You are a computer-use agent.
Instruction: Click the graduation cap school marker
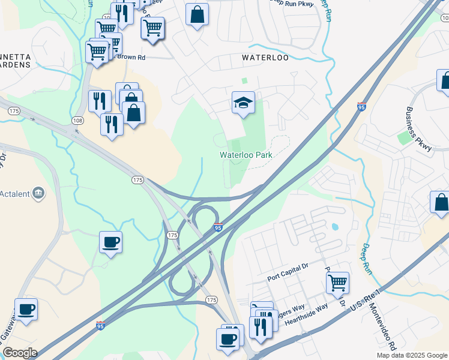pyautogui.click(x=244, y=103)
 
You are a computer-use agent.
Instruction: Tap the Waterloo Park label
pyautogui.click(x=246, y=155)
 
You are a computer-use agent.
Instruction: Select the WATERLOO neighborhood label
pyautogui.click(x=265, y=58)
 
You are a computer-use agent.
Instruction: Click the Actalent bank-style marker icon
pyautogui.click(x=38, y=193)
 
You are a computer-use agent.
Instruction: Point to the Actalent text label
pyautogui.click(x=16, y=193)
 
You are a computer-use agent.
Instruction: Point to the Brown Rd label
pyautogui.click(x=133, y=58)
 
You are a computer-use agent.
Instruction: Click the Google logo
pyautogui.click(x=19, y=353)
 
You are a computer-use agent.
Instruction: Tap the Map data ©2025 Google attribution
pyautogui.click(x=412, y=355)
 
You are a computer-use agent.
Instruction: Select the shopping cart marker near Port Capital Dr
pyautogui.click(x=337, y=281)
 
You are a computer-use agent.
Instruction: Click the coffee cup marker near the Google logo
pyautogui.click(x=26, y=310)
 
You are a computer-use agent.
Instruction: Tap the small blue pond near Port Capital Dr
pyautogui.click(x=334, y=227)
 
